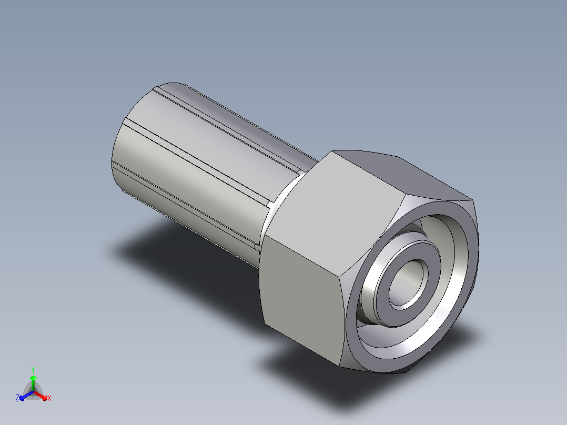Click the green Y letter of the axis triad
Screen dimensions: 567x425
click(x=33, y=370)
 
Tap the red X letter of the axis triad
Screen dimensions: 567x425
click(x=49, y=398)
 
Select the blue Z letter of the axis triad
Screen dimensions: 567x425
click(x=17, y=398)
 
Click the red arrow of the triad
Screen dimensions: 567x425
click(x=40, y=396)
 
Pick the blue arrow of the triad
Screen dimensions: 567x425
click(x=26, y=396)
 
